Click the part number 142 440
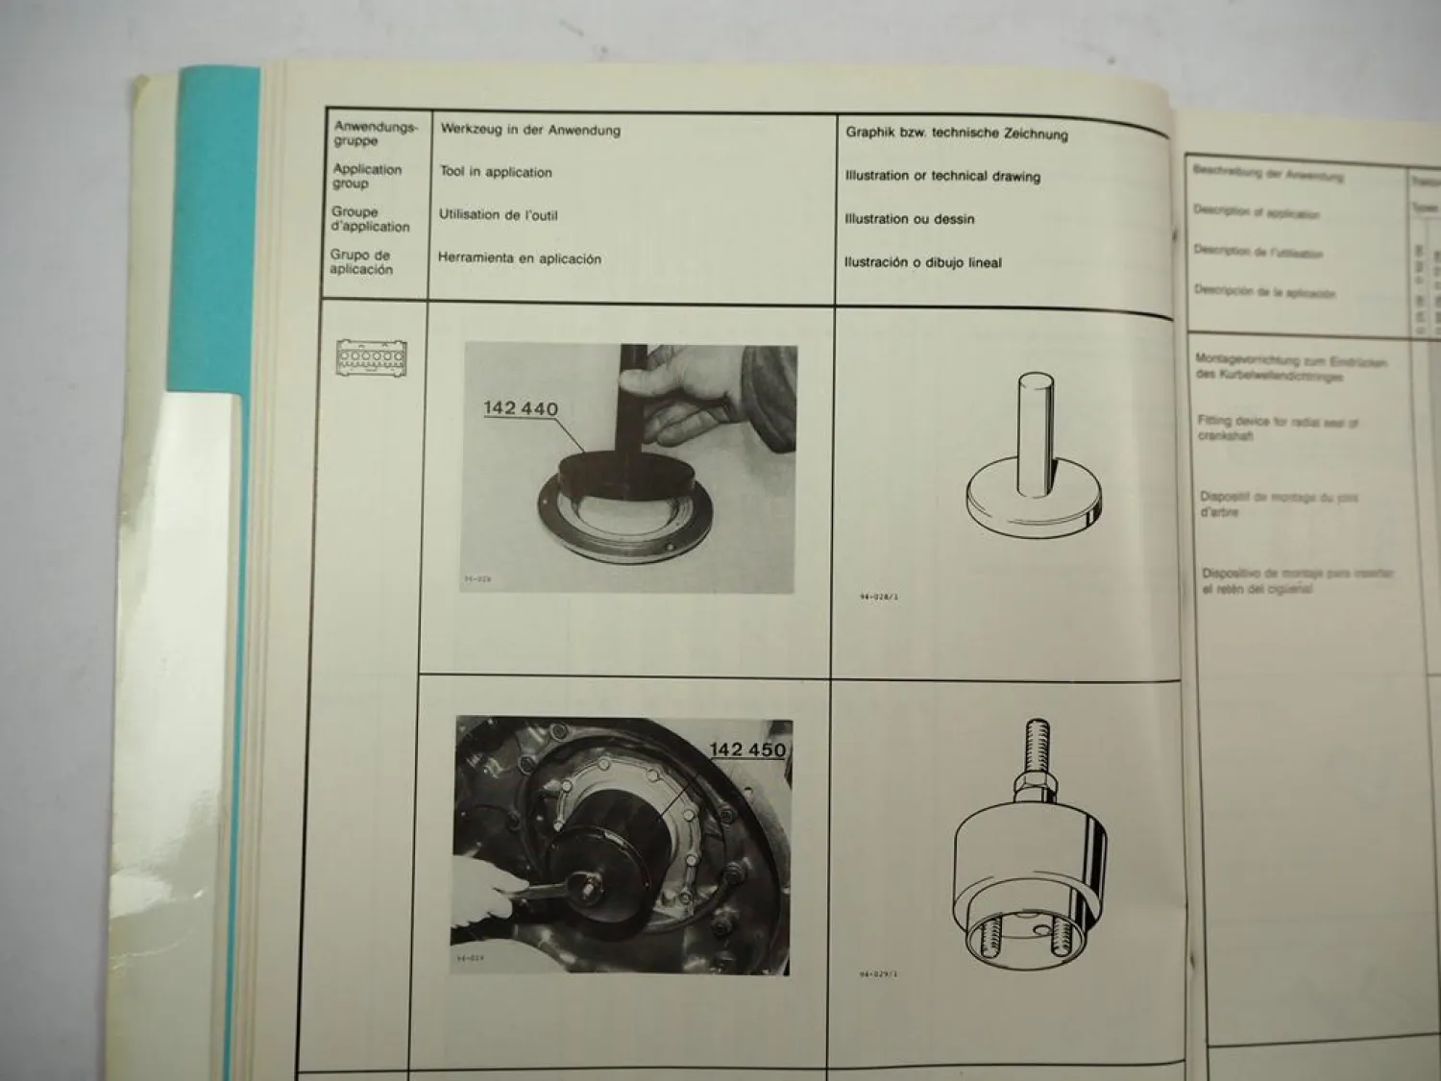(x=520, y=408)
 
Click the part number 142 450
(x=746, y=749)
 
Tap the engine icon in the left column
(x=371, y=356)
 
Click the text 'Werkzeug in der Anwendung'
(x=530, y=130)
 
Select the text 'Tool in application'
(x=496, y=172)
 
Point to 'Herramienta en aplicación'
(x=519, y=258)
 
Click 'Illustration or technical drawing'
(x=942, y=176)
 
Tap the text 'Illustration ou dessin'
(x=909, y=219)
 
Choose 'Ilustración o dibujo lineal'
(x=922, y=262)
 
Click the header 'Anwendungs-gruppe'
(x=375, y=134)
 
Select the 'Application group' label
(x=367, y=176)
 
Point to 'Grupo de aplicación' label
(x=361, y=262)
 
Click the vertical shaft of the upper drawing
(x=1034, y=423)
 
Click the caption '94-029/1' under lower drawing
(x=878, y=974)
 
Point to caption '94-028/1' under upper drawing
(x=878, y=597)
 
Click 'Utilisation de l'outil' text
(x=498, y=215)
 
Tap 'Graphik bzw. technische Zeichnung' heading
(x=956, y=133)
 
